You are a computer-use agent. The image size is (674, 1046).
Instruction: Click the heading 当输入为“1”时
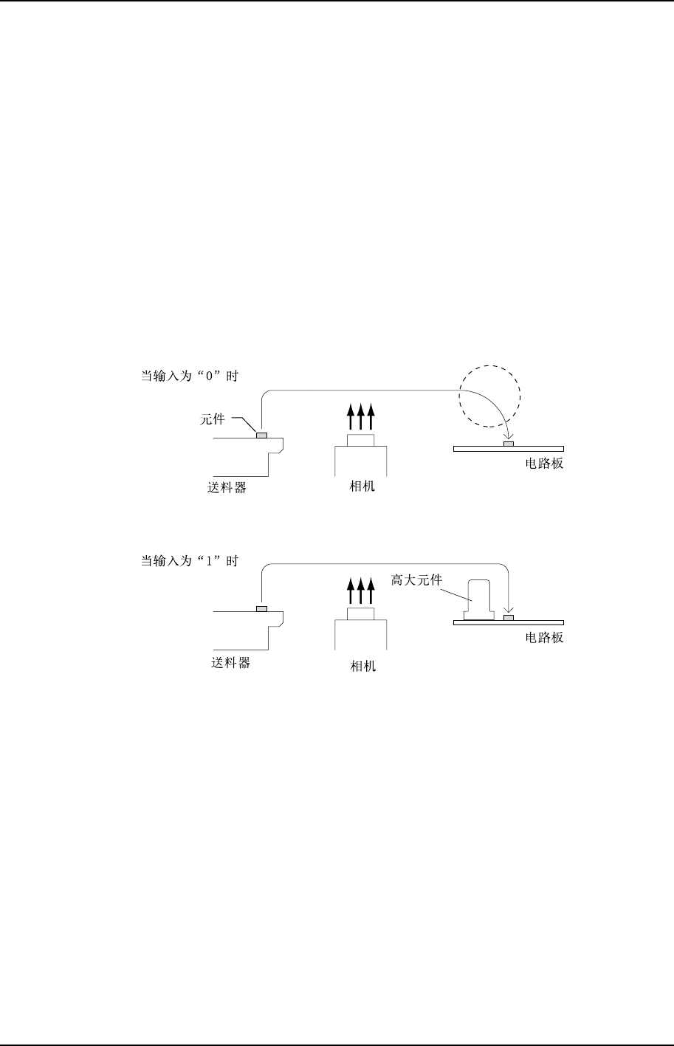[x=190, y=561]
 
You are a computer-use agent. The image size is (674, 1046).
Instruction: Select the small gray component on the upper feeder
[x=261, y=436]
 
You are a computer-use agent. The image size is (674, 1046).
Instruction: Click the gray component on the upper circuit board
[x=508, y=444]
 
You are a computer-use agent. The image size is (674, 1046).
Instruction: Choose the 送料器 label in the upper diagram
[x=227, y=488]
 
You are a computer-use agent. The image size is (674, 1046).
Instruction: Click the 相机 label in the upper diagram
[x=362, y=488]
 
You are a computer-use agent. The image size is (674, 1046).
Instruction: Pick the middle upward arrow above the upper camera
[x=361, y=418]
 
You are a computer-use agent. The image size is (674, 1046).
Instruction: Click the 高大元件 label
[x=416, y=580]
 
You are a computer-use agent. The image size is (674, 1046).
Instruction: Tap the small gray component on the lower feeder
[x=261, y=609]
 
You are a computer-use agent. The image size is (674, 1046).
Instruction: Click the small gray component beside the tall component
[x=508, y=617]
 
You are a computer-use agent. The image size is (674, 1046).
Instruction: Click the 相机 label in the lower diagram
[x=362, y=666]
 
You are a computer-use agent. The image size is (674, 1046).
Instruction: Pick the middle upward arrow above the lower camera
[x=361, y=591]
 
